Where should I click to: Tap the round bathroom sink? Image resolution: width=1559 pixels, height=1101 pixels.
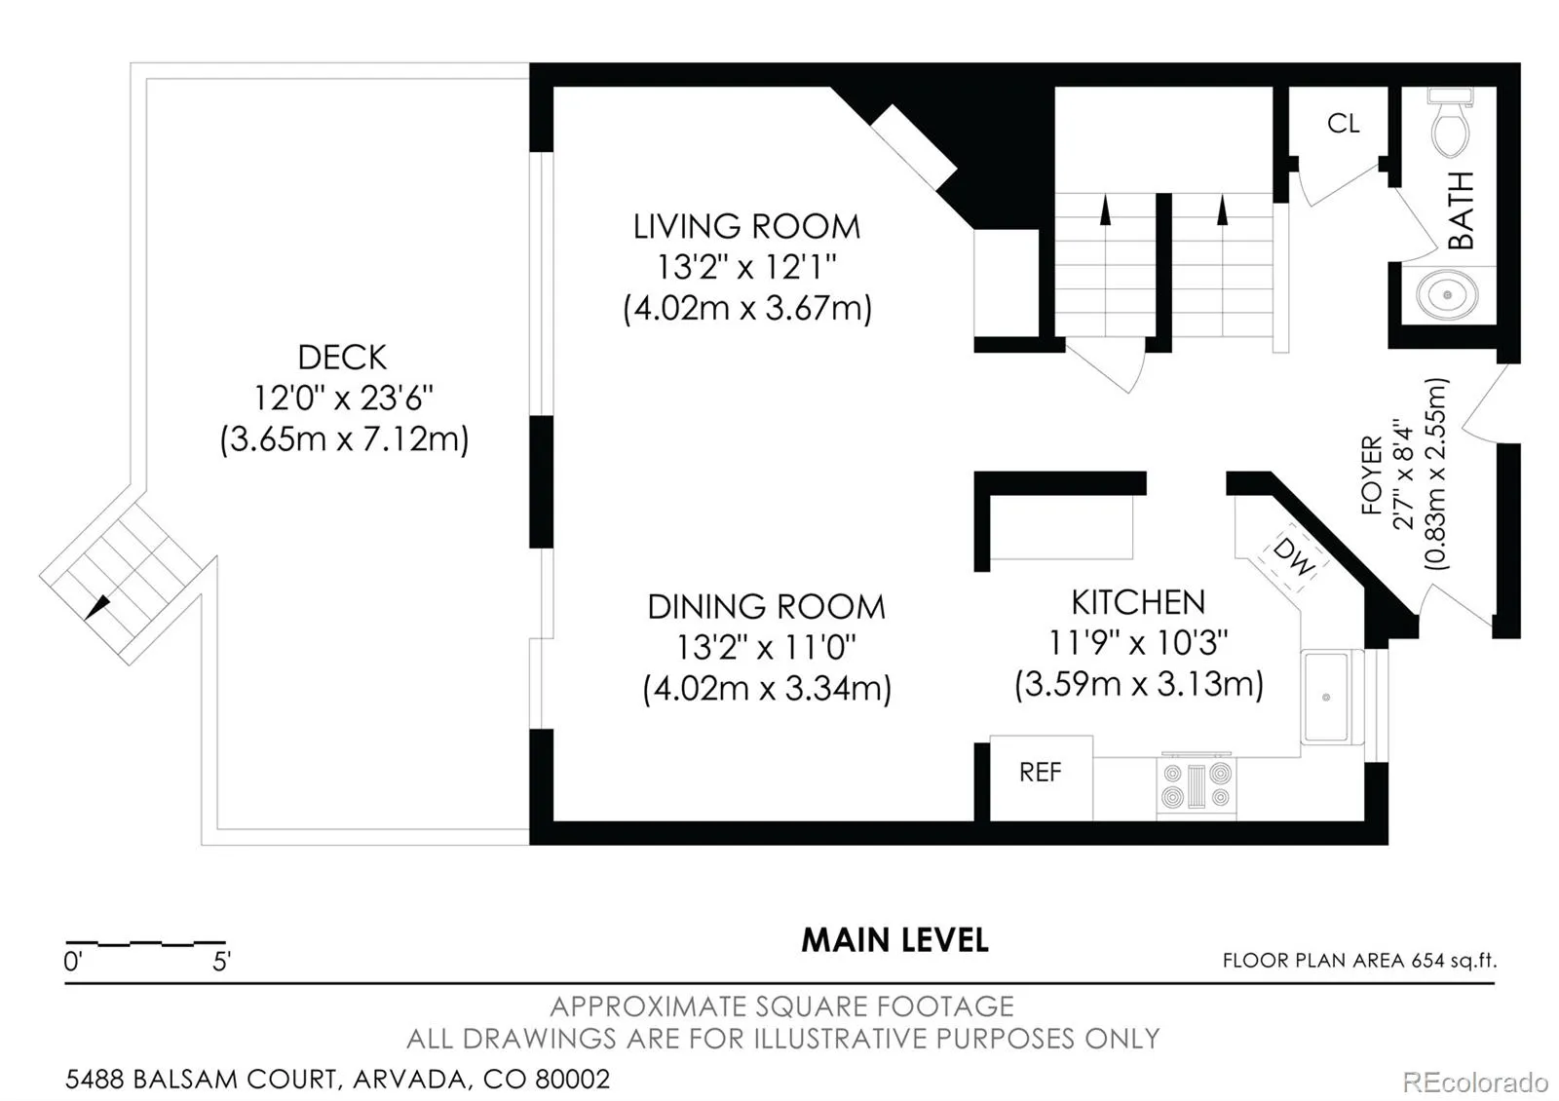click(1447, 295)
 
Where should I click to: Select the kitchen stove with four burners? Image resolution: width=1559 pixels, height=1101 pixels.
click(1197, 785)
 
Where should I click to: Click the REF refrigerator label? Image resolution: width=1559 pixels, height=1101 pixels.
click(1041, 773)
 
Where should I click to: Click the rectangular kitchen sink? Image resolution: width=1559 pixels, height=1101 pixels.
click(1326, 697)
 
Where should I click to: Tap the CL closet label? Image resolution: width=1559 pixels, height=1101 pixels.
click(1344, 124)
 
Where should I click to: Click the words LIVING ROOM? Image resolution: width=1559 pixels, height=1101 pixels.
click(746, 227)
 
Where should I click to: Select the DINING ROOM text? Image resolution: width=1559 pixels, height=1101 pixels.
click(766, 607)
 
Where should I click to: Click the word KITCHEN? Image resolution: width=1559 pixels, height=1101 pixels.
click(1139, 603)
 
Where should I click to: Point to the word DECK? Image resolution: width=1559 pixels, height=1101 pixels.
click(342, 358)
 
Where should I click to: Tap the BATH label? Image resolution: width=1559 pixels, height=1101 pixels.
click(1462, 210)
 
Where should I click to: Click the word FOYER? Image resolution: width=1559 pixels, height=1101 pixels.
click(1372, 475)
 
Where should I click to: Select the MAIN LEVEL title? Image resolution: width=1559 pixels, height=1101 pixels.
click(895, 940)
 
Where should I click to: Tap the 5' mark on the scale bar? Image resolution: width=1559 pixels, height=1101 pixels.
click(221, 962)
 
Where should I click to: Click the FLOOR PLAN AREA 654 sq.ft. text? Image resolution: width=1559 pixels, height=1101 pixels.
click(1360, 961)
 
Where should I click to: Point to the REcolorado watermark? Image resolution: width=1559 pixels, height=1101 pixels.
click(1475, 1082)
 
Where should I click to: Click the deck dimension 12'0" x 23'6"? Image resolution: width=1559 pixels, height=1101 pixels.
click(343, 399)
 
